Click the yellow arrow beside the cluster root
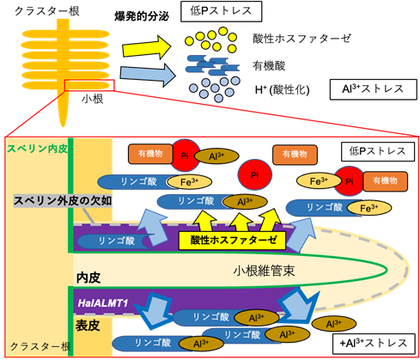147,46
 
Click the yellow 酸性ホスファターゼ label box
232,240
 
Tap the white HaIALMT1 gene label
102,303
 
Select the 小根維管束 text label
264,271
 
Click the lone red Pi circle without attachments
254,174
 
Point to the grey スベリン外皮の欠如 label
63,201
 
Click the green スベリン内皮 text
37,149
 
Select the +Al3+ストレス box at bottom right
374,344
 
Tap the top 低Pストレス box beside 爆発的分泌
221,11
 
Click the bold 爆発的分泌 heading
142,16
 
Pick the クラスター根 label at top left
47,11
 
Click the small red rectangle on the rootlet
89,85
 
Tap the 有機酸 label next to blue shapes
269,66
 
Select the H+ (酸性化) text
283,90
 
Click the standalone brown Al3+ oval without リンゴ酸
333,324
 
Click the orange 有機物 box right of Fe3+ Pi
386,181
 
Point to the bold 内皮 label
88,278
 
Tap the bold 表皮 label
88,326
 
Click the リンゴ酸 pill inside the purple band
114,241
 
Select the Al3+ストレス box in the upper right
374,89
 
